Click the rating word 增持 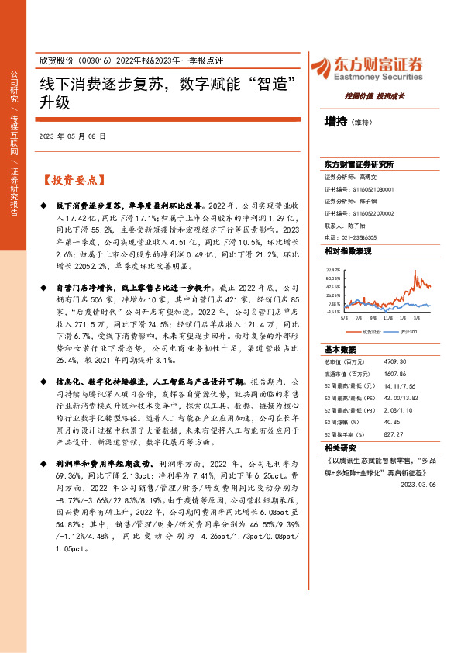(x=335, y=121)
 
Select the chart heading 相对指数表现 (x=347, y=252)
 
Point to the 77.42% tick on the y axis (x=332, y=269)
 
